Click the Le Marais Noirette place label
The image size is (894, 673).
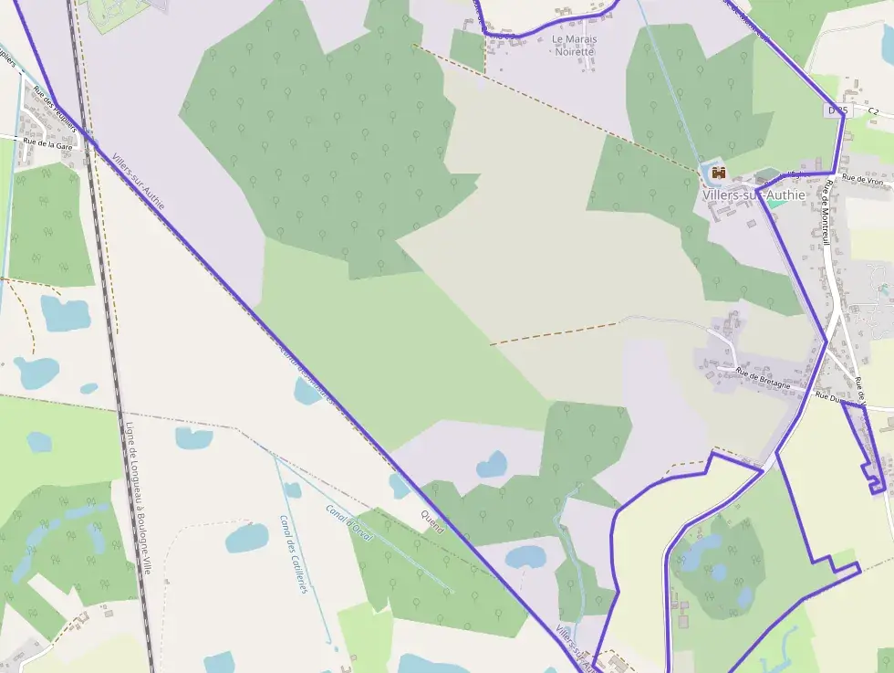575,46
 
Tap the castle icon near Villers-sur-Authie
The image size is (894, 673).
718,172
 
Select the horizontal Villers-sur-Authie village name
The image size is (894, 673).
754,195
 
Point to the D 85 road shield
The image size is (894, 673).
837,110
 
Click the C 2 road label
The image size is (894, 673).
873,110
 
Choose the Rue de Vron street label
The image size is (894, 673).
863,179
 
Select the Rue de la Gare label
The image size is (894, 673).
48,145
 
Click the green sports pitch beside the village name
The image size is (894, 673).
775,204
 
